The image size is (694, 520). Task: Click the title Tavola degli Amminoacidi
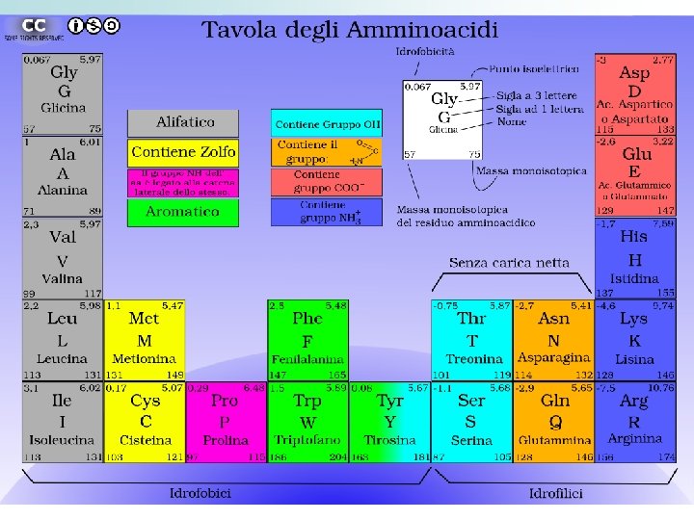click(x=349, y=30)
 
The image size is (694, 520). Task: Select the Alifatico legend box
click(x=184, y=122)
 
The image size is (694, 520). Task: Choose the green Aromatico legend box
click(x=182, y=212)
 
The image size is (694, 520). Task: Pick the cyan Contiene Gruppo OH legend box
click(x=327, y=125)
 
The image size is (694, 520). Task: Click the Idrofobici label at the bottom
click(x=200, y=493)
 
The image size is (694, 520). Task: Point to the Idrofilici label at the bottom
click(x=555, y=493)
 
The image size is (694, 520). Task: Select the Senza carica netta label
click(x=509, y=262)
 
